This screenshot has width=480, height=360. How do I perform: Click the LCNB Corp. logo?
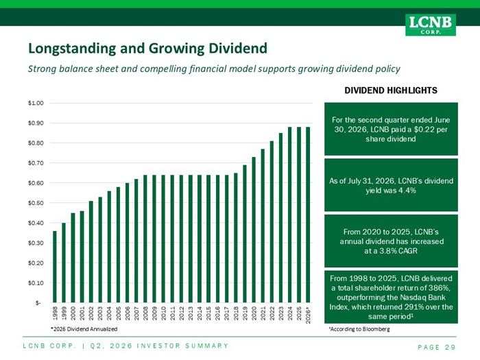pyautogui.click(x=431, y=25)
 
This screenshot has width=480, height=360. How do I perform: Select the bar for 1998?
pyautogui.click(x=55, y=267)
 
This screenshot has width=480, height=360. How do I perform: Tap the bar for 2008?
pyautogui.click(x=145, y=239)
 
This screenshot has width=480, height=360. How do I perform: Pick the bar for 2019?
pyautogui.click(x=245, y=234)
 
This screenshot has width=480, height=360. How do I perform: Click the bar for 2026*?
pyautogui.click(x=308, y=215)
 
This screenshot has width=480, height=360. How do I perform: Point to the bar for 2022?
pyautogui.click(x=272, y=222)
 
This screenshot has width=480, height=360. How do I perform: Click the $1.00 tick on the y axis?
pyautogui.click(x=36, y=103)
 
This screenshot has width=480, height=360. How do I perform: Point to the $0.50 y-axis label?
pyautogui.click(x=36, y=203)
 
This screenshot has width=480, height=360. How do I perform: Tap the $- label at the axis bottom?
pyautogui.click(x=38, y=303)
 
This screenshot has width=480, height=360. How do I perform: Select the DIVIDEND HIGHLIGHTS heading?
pyautogui.click(x=391, y=91)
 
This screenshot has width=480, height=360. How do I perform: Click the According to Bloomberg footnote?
pyautogui.click(x=359, y=329)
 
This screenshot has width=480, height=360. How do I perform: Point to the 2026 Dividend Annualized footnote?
pyautogui.click(x=84, y=329)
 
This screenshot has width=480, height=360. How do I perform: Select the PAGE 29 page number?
pyautogui.click(x=437, y=347)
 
